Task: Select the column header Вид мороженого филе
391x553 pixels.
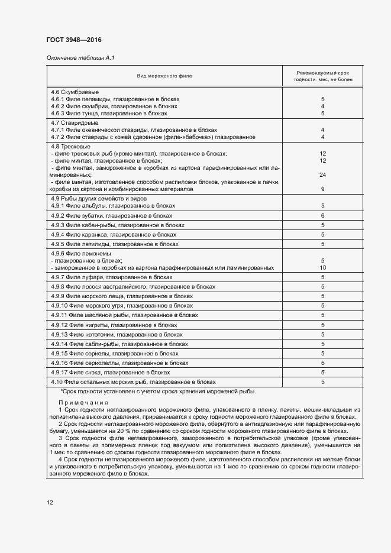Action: pyautogui.click(x=164, y=76)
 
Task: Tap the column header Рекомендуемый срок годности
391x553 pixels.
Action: pyautogui.click(x=323, y=76)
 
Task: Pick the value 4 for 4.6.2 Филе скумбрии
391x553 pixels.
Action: pyautogui.click(x=323, y=106)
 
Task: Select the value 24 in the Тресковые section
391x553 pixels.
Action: pyautogui.click(x=323, y=175)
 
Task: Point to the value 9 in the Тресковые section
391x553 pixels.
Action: pyautogui.click(x=323, y=189)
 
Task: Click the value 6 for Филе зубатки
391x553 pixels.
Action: pyautogui.click(x=323, y=216)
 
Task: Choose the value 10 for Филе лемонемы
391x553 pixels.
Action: pyautogui.click(x=323, y=267)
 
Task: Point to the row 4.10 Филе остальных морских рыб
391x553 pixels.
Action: pyautogui.click(x=133, y=382)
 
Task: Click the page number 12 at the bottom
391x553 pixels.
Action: pyautogui.click(x=50, y=503)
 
